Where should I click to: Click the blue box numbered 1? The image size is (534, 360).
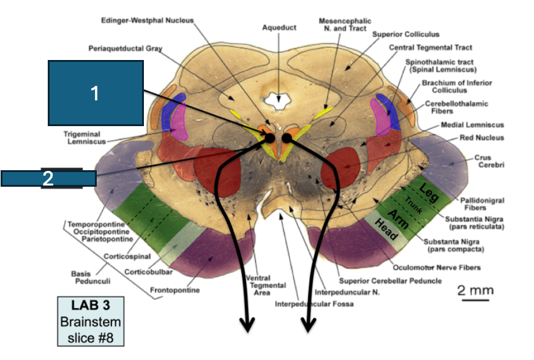pyautogui.click(x=96, y=93)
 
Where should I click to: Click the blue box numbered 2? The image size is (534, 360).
pyautogui.click(x=49, y=179)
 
